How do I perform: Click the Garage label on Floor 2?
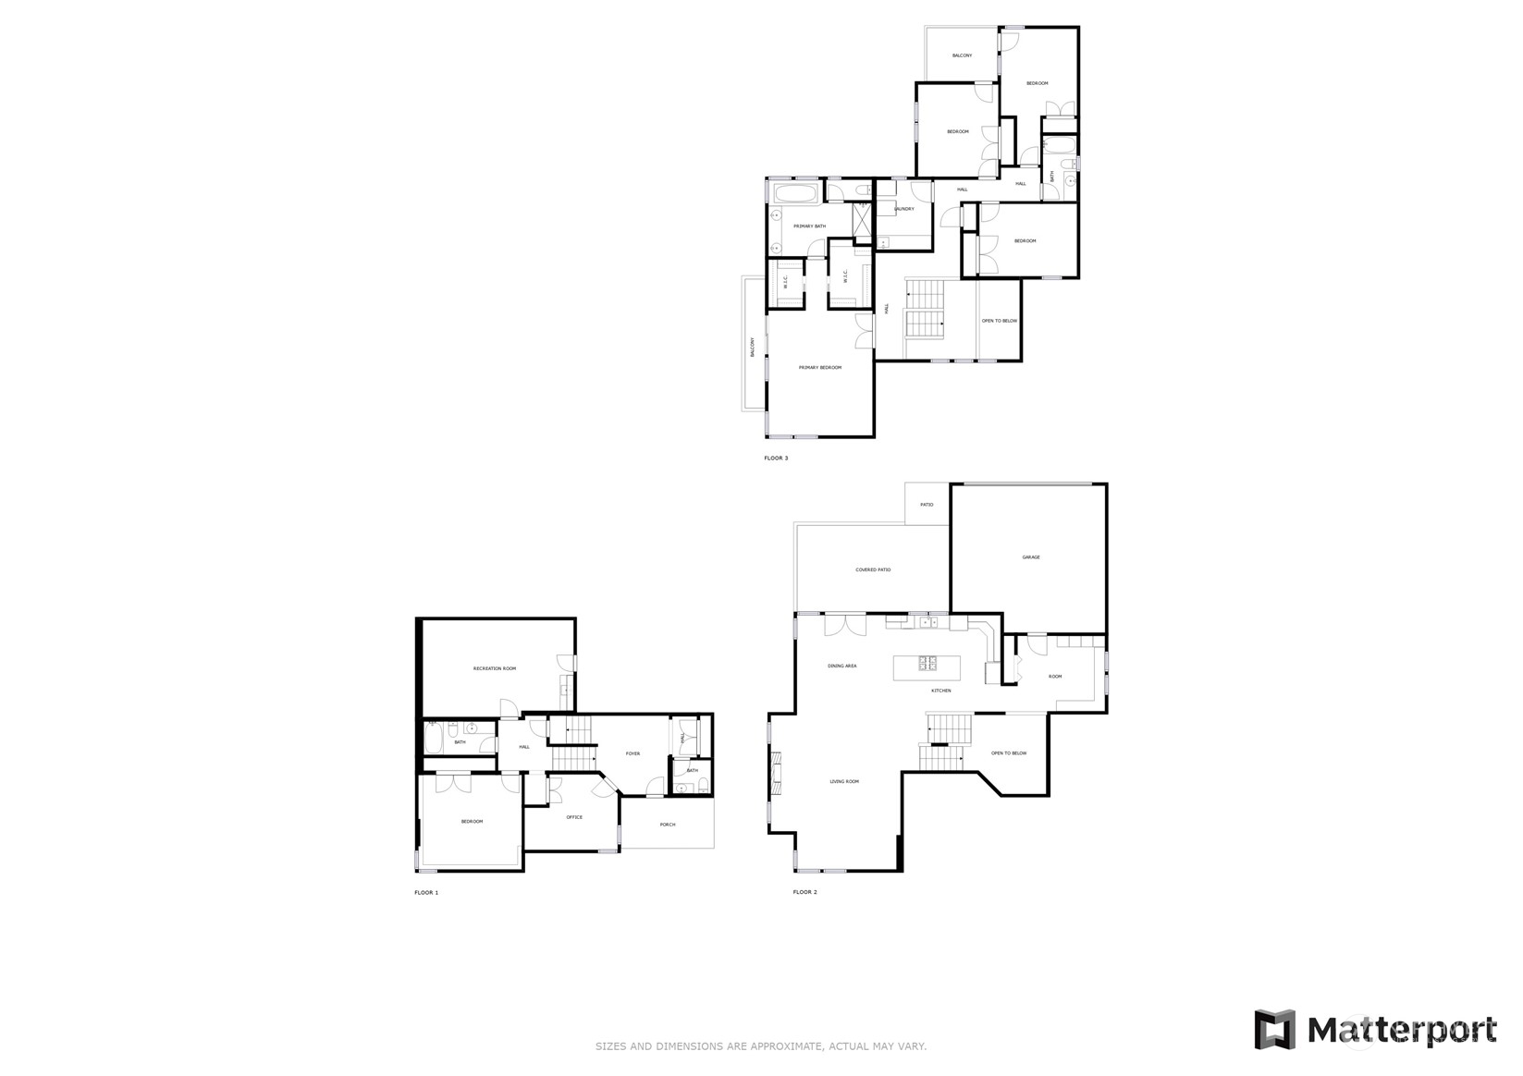pos(1030,557)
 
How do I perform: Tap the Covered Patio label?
pos(873,570)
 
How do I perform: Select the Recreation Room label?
pos(494,668)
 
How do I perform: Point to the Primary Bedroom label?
pos(820,368)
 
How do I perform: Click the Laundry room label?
pos(903,209)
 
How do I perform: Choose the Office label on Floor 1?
pos(573,817)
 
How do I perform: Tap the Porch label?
pos(667,825)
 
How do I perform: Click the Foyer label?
pos(633,754)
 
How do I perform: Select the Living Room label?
pos(843,782)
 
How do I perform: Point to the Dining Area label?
pos(841,666)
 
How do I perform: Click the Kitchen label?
pos(940,691)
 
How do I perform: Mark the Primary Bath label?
pos(809,226)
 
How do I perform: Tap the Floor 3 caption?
pos(776,459)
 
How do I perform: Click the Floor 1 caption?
pos(426,893)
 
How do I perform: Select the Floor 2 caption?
pos(804,893)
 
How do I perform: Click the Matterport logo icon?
pos(1274,1030)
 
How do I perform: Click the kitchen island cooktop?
pos(927,663)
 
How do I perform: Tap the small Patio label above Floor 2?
pos(926,505)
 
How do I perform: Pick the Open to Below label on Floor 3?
pos(999,321)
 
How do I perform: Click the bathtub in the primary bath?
pos(794,194)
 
